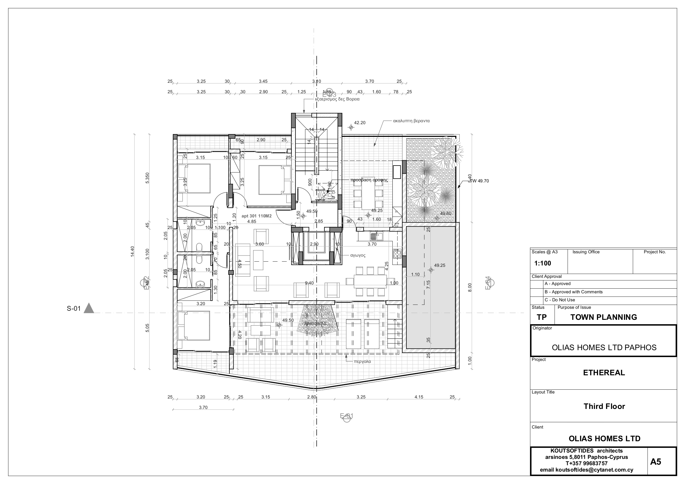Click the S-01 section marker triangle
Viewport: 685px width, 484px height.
coord(89,308)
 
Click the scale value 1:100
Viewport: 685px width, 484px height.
coord(542,263)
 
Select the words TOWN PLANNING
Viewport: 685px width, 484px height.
coord(604,317)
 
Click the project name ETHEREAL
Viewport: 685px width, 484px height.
coord(604,373)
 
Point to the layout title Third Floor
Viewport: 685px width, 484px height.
coord(604,406)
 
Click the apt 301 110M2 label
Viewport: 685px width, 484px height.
coord(256,216)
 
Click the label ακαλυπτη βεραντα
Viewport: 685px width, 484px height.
coord(411,121)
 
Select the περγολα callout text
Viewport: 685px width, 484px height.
coord(362,361)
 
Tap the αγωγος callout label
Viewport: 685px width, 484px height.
coord(358,256)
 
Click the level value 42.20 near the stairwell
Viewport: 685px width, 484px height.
coord(359,123)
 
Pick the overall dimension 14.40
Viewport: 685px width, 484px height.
coord(133,251)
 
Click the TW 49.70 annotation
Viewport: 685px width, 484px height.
coord(479,181)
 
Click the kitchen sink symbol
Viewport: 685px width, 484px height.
coord(376,236)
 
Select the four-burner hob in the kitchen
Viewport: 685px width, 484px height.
coord(397,254)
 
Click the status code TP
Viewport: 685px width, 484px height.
coord(541,317)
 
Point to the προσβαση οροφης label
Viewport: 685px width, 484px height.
coord(369,180)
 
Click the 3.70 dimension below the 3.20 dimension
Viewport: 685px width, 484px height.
coord(203,407)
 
